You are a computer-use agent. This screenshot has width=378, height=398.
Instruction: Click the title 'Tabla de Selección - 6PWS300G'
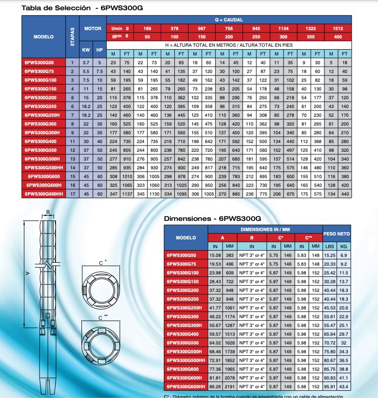(x=82, y=8)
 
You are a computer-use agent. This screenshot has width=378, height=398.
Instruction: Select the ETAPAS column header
(x=73, y=37)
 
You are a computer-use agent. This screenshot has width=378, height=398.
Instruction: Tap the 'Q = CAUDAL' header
(x=229, y=20)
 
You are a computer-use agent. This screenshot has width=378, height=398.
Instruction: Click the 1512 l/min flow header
(x=338, y=28)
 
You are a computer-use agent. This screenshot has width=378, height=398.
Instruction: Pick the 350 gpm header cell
(x=311, y=37)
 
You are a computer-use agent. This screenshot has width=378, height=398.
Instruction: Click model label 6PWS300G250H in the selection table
(x=42, y=115)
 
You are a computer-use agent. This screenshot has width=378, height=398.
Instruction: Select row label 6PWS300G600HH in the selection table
(x=44, y=194)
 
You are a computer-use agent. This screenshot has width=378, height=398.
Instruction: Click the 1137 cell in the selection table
(x=127, y=194)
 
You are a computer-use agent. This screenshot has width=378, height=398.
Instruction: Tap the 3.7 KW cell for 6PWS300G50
(x=86, y=63)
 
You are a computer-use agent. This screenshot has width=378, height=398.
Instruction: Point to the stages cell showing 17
(x=73, y=194)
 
